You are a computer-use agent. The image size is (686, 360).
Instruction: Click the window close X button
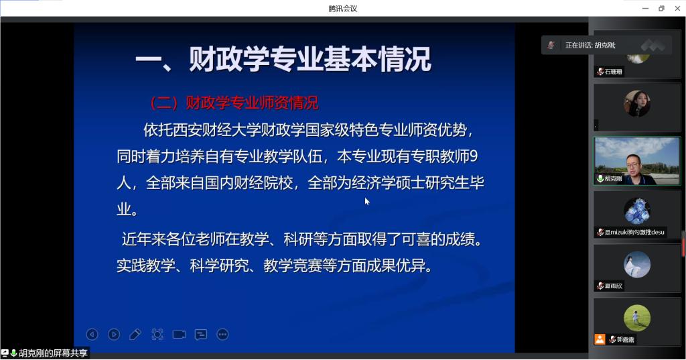pyautogui.click(x=677, y=8)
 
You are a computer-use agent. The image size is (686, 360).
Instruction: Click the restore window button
pyautogui.click(x=661, y=8)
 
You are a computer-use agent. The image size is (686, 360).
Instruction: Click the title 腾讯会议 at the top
pyautogui.click(x=342, y=8)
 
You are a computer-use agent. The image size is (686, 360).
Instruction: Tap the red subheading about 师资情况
pyautogui.click(x=234, y=103)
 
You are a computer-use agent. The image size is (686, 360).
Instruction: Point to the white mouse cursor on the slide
pyautogui.click(x=367, y=201)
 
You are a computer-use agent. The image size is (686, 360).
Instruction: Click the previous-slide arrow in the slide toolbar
pyautogui.click(x=92, y=335)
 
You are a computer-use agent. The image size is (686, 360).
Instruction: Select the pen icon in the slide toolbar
pyautogui.click(x=135, y=335)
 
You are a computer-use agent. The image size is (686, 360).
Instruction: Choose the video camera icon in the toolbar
pyautogui.click(x=179, y=335)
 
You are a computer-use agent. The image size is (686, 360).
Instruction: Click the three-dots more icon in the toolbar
pyautogui.click(x=222, y=335)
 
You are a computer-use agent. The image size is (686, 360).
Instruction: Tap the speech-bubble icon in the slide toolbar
pyautogui.click(x=201, y=335)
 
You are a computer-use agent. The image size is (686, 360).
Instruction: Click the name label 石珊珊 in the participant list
pyautogui.click(x=614, y=71)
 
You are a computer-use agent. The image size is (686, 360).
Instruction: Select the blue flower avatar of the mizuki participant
pyautogui.click(x=637, y=211)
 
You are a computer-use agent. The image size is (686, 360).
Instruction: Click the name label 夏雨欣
pyautogui.click(x=614, y=286)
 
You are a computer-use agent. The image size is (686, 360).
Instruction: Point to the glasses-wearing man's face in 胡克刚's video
pyautogui.click(x=632, y=165)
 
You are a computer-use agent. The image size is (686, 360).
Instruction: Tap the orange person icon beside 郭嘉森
pyautogui.click(x=600, y=339)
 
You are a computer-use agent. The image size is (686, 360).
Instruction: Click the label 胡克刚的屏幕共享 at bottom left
pyautogui.click(x=53, y=353)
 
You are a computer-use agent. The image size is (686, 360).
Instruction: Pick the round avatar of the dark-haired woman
pyautogui.click(x=637, y=103)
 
